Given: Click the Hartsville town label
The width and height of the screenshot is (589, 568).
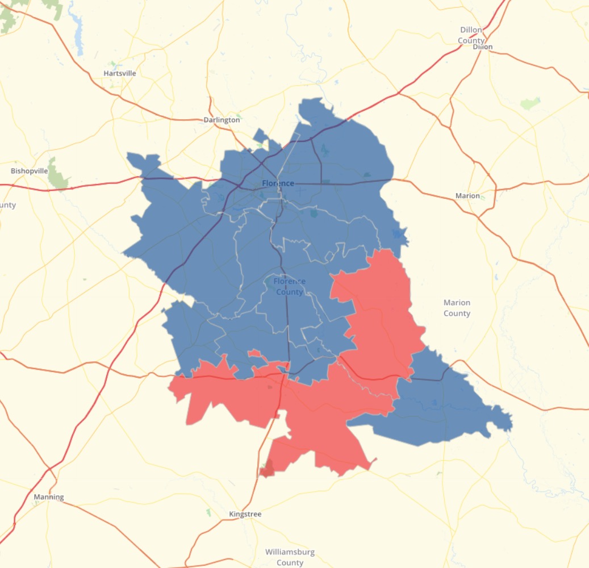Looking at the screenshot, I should tap(120, 73).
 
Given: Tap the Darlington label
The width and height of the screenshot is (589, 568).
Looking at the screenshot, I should tap(222, 120).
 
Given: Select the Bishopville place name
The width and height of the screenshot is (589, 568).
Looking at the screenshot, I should tap(30, 170).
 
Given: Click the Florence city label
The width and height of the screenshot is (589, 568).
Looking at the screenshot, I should tap(278, 183).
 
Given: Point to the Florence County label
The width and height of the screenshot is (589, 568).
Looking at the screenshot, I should tap(289, 286).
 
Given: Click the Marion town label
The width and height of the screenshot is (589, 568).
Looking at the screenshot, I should tap(467, 195).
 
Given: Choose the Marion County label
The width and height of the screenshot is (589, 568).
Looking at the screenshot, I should tap(457, 308).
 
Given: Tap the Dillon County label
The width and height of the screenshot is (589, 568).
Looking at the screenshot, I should tap(471, 35).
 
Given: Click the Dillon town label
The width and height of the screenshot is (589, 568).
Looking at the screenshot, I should tap(482, 47).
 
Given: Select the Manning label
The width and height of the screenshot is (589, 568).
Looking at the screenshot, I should tap(48, 497).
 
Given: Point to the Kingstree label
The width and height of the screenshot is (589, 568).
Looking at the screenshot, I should tap(245, 514).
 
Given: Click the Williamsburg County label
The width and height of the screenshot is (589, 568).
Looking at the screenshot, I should tap(290, 557).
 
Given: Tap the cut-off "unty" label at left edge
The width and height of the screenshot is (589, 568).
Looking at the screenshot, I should tap(8, 205).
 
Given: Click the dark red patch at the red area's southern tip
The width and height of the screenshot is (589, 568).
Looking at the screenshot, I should tap(266, 470).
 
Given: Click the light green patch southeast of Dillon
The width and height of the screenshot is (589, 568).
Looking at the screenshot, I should tap(530, 103).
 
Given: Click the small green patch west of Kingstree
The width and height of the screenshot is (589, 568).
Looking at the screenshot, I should tap(208, 512).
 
